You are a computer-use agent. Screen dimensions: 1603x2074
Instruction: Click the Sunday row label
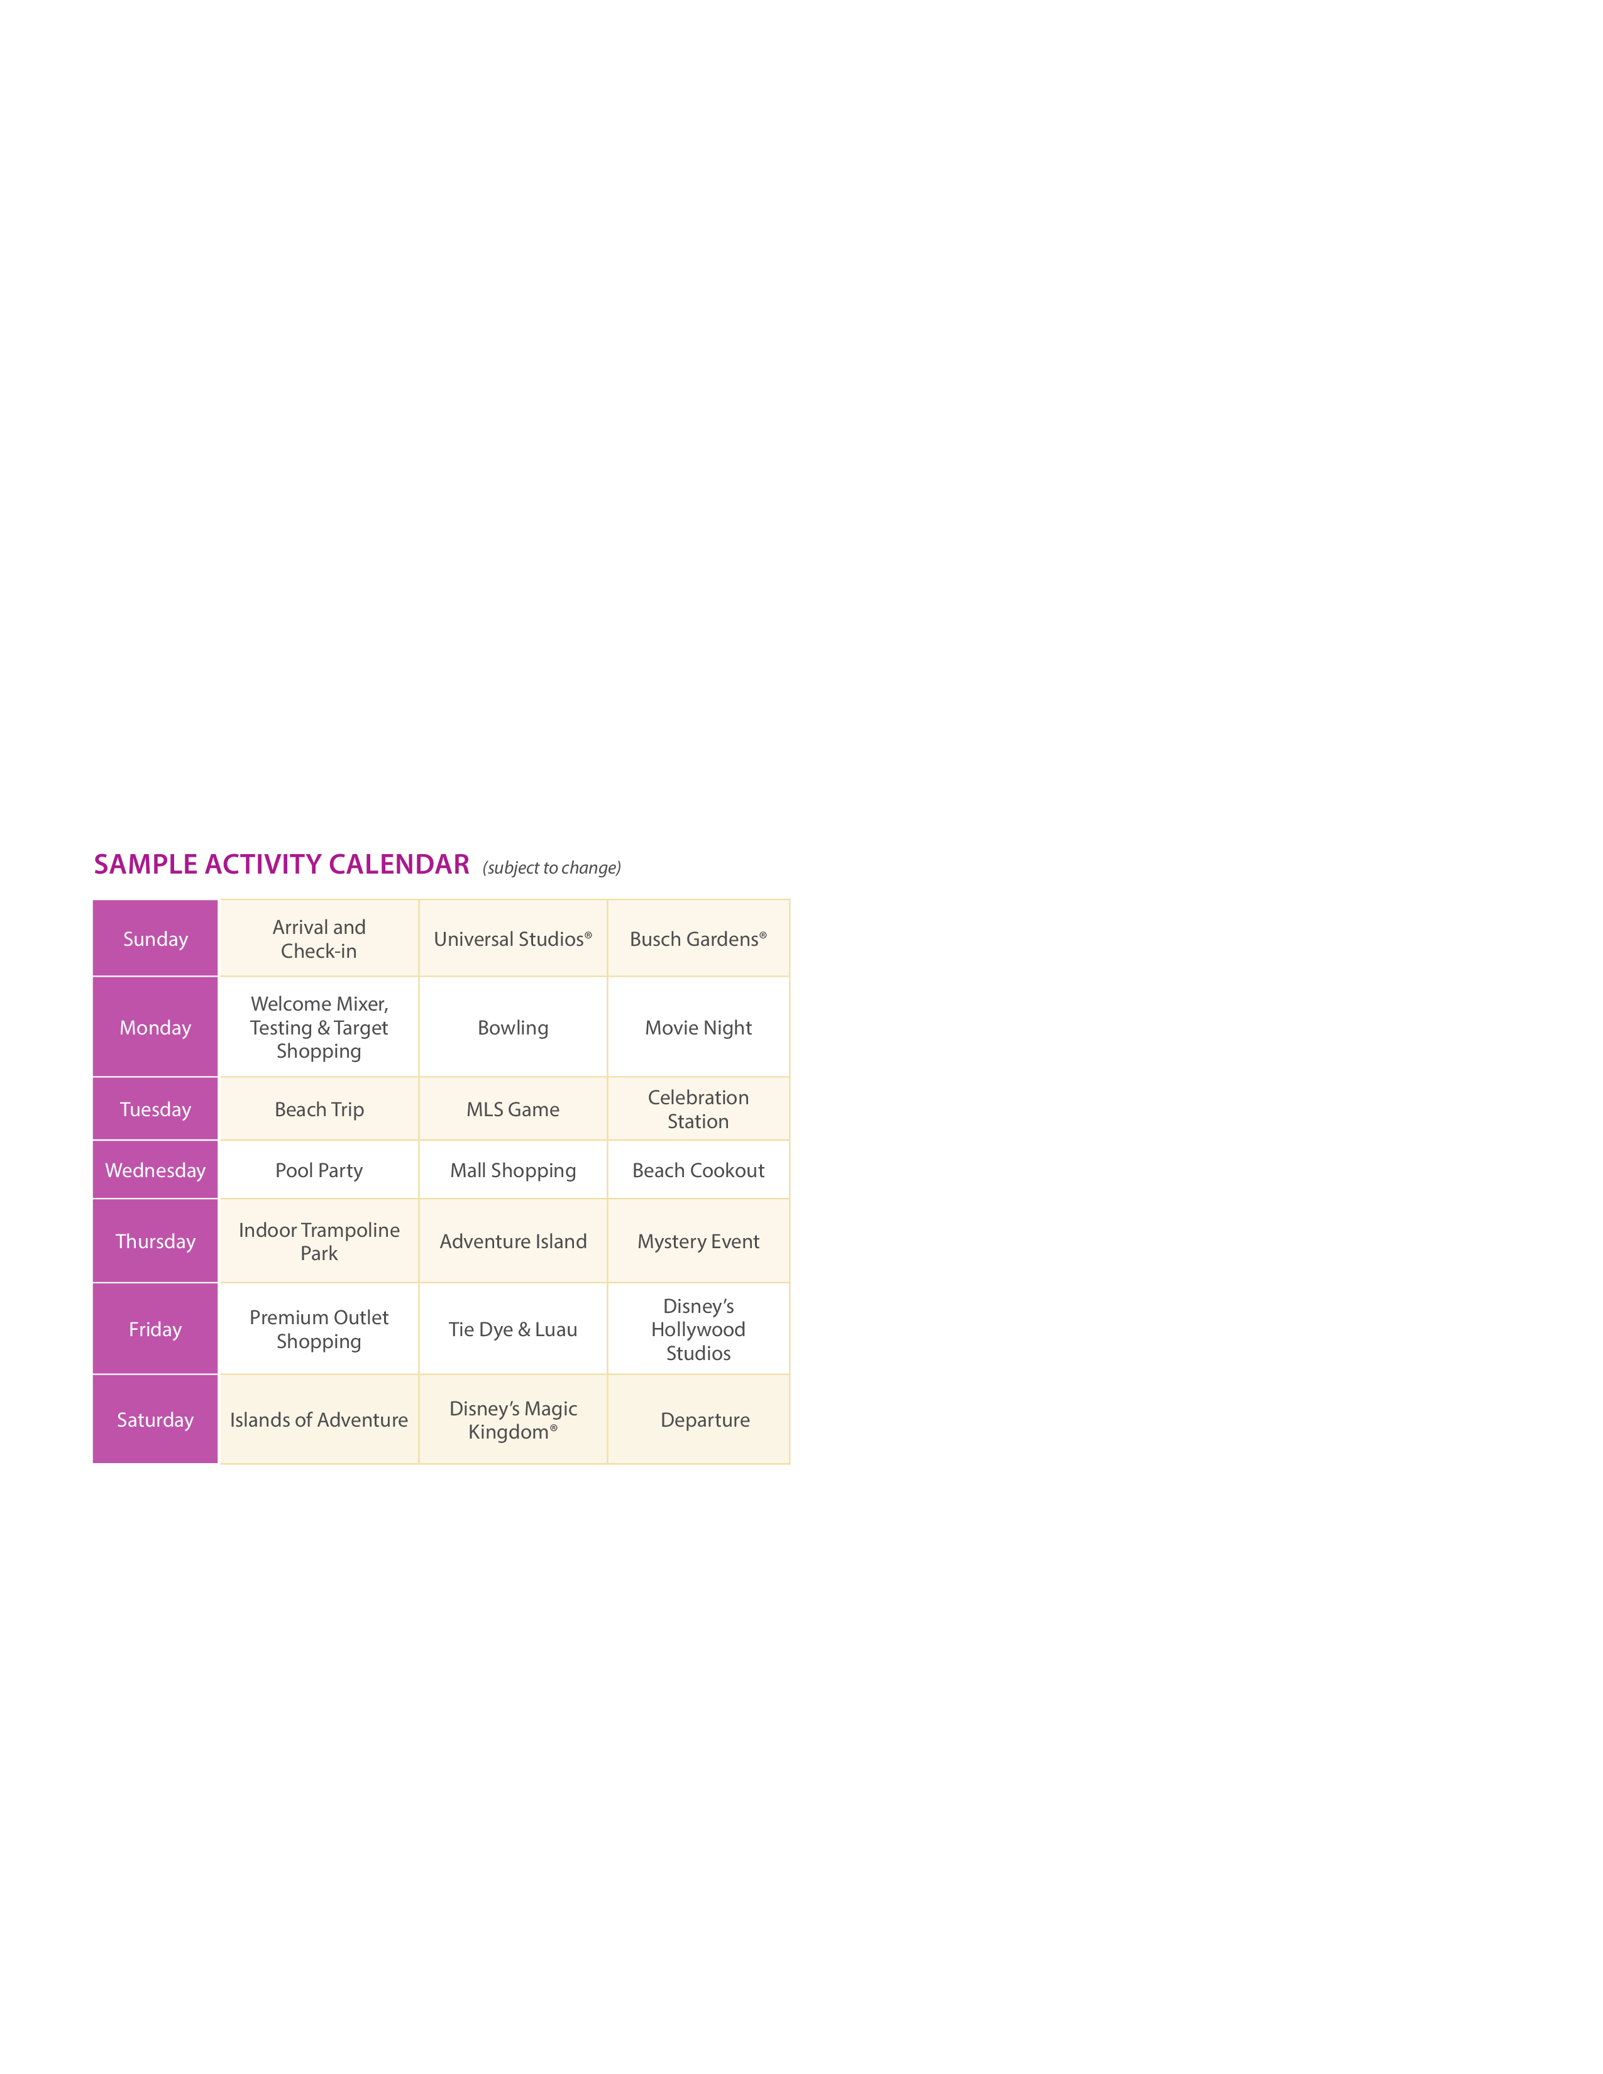coord(156,939)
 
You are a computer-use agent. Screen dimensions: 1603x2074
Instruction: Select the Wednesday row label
coord(156,1171)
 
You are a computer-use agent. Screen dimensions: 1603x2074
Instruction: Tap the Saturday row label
coord(156,1420)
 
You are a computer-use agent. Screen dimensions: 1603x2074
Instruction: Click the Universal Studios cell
coord(513,939)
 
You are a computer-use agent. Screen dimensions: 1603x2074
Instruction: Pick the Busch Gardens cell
coord(698,939)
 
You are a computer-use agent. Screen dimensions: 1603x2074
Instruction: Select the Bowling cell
coord(513,1028)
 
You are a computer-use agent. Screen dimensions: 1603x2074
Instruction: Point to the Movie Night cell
coord(698,1028)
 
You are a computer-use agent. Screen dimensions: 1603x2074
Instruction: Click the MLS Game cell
coord(513,1109)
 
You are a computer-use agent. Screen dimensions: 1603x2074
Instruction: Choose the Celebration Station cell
coord(698,1109)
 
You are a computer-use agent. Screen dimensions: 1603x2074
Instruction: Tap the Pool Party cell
coord(319,1171)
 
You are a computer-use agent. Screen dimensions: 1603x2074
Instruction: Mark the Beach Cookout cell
coord(698,1171)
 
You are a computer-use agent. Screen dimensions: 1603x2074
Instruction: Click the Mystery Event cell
coord(698,1242)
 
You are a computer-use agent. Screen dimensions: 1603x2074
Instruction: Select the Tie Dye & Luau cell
coord(513,1329)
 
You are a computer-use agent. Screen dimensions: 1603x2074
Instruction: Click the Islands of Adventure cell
coord(319,1420)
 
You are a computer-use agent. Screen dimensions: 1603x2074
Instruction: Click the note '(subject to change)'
coord(552,868)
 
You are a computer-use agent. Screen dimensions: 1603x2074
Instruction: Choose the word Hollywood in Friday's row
coord(698,1329)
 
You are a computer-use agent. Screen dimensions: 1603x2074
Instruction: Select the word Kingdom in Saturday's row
coord(509,1433)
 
